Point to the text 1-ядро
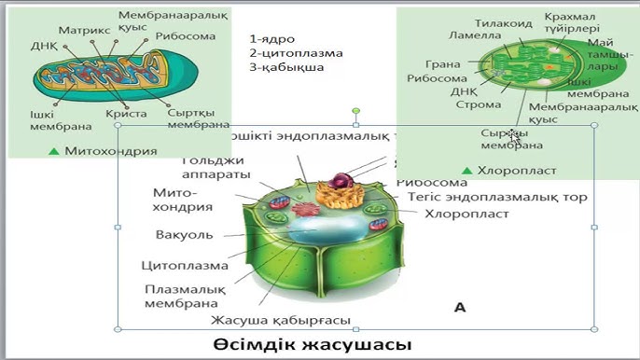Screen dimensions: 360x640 point(273,39)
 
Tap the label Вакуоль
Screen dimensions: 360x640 point(184,234)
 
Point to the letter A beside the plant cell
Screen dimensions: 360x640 point(459,306)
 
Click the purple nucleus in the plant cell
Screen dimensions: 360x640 point(344,181)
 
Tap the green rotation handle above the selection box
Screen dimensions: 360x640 point(355,112)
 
